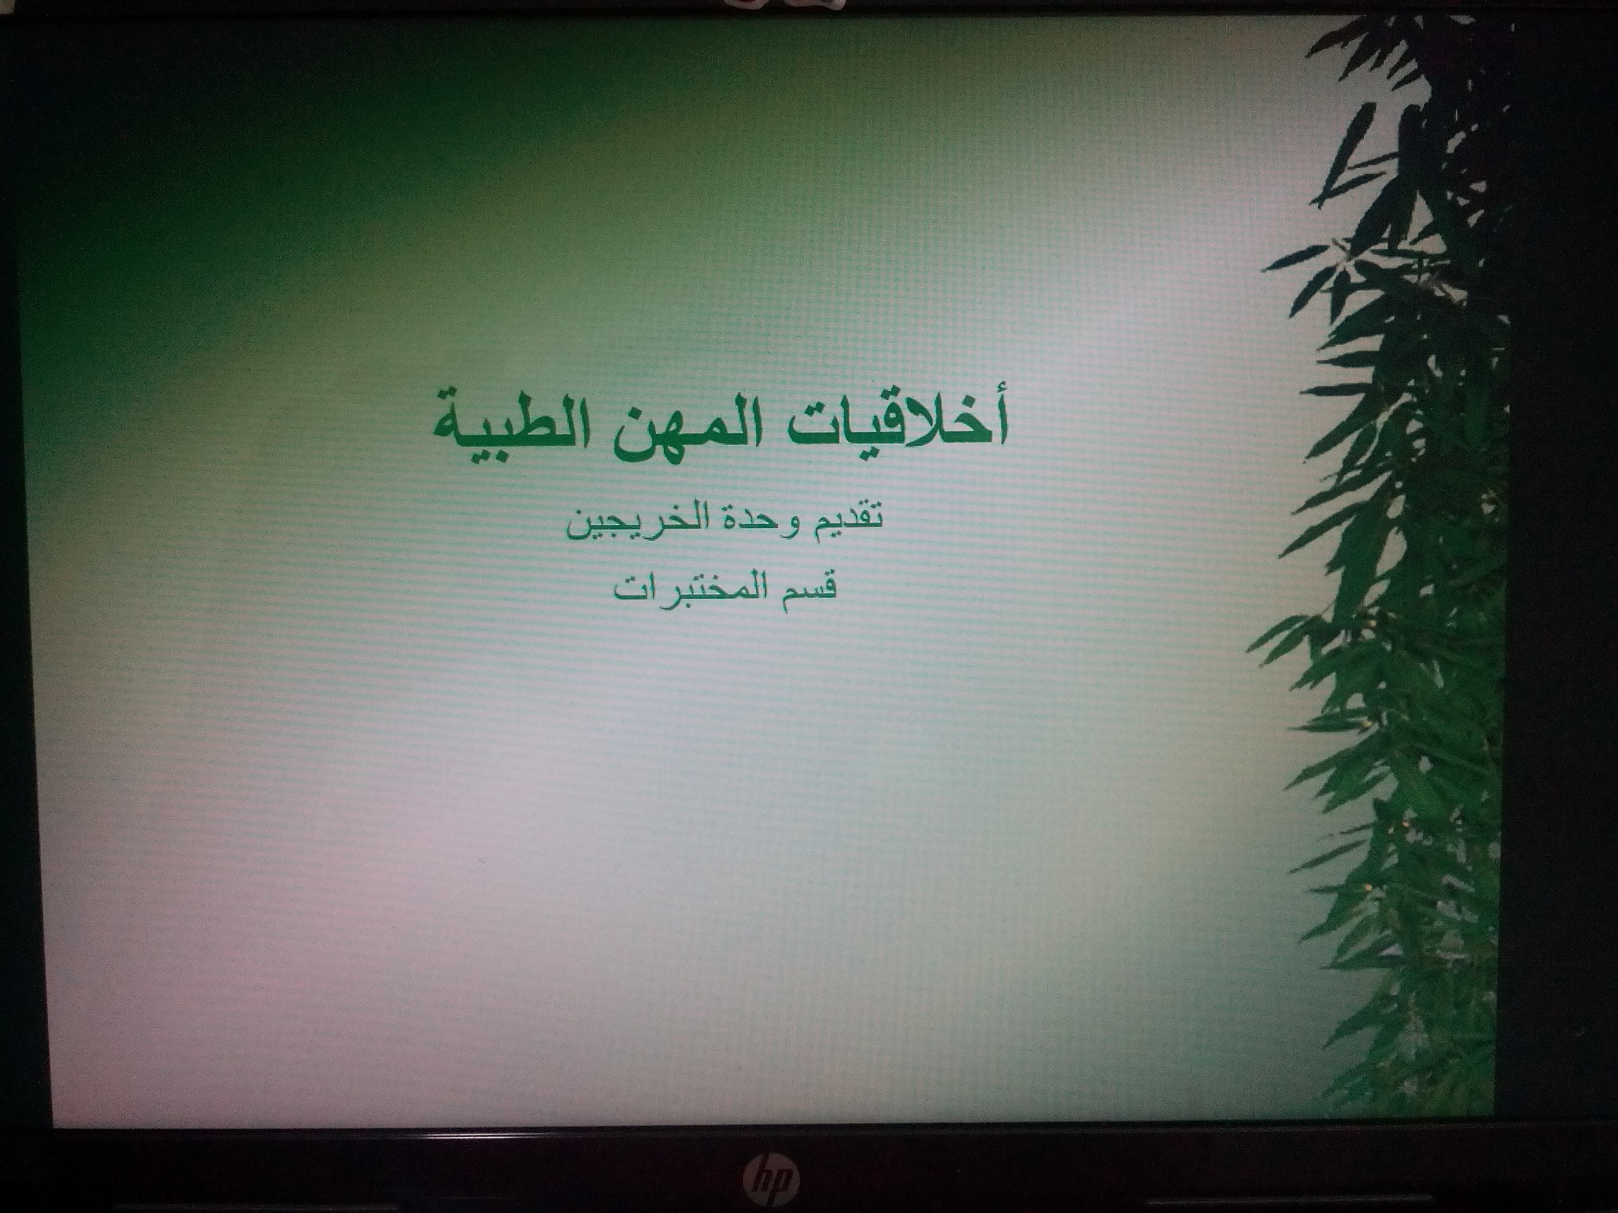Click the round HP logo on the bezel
pyautogui.click(x=772, y=1177)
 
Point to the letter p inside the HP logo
pyautogui.click(x=783, y=1181)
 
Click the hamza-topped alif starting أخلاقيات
pyautogui.click(x=1001, y=420)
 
